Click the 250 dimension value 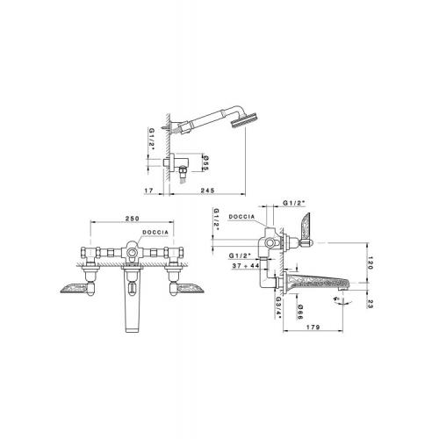[x=133, y=219]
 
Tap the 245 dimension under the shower [x=207, y=191]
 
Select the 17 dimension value [x=149, y=191]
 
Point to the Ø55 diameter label [x=205, y=163]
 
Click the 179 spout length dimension [x=313, y=327]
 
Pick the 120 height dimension [x=371, y=263]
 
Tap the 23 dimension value [x=370, y=305]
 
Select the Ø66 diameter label [x=300, y=312]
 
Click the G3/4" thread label [x=278, y=308]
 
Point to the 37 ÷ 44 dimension [x=246, y=266]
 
